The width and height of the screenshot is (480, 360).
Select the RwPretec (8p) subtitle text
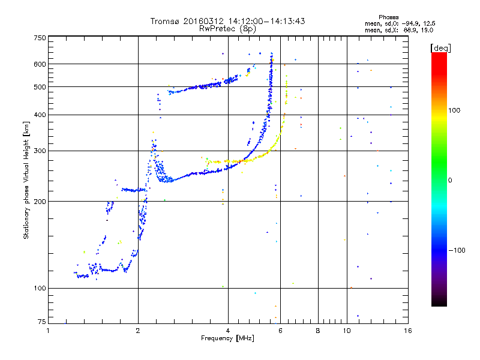[x=227, y=28]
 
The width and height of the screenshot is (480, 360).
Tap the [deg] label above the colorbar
[x=441, y=47]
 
